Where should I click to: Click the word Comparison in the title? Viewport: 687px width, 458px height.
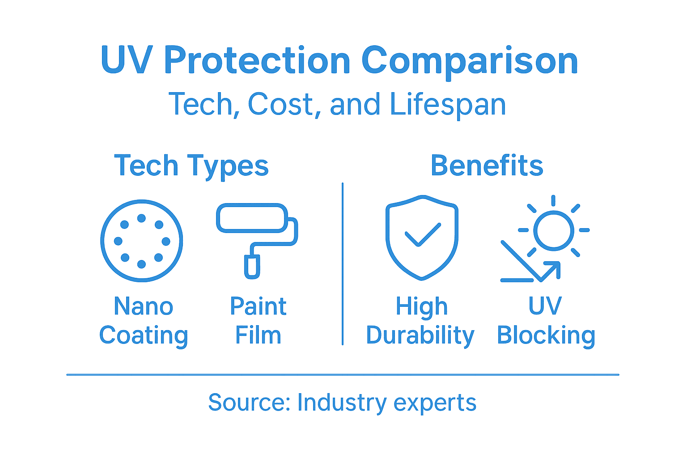470,61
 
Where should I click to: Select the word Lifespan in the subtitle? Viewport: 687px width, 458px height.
448,105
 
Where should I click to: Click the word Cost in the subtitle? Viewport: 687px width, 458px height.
281,105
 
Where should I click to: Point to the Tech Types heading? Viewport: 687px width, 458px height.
191,166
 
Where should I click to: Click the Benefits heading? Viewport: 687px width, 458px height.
487,165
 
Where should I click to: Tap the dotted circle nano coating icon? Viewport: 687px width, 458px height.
142,241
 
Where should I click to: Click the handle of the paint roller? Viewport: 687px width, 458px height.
252,267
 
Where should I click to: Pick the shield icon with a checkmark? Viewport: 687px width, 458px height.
422,237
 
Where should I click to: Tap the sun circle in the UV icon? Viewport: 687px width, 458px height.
553,230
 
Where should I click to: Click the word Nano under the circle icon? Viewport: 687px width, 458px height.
144,307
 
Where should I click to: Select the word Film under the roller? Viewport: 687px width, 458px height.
258,335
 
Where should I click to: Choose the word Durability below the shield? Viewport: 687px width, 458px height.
420,336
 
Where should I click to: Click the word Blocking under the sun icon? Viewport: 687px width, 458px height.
546,336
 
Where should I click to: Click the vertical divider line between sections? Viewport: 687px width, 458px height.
343,264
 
